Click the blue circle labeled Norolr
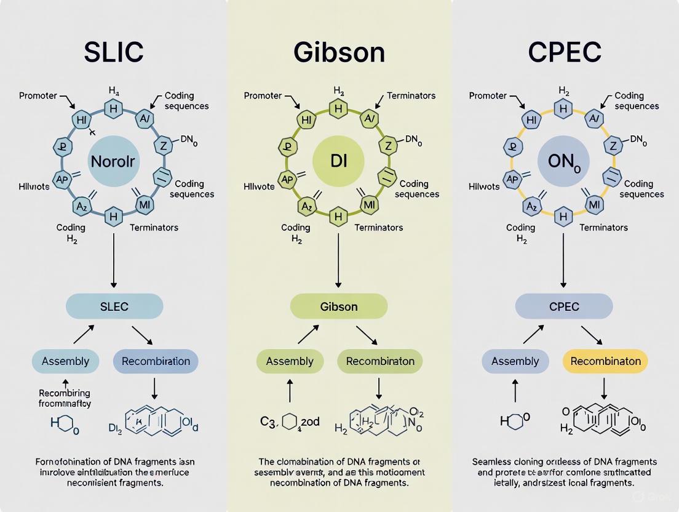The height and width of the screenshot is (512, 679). [113, 162]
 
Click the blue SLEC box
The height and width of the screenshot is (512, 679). [114, 306]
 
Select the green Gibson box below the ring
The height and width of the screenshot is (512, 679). [339, 306]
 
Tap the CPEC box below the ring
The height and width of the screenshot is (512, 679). [564, 306]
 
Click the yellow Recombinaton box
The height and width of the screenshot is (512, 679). [605, 361]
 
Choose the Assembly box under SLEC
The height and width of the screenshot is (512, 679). [65, 361]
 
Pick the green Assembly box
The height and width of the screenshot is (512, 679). [290, 361]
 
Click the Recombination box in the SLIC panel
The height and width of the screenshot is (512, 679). [156, 361]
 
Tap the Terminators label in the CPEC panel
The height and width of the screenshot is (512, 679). [603, 228]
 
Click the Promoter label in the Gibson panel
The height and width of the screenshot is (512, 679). [263, 95]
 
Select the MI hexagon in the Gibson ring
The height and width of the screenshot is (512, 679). [370, 204]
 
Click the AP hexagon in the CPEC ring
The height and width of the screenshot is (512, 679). [512, 179]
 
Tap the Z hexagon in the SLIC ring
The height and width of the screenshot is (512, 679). [163, 146]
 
